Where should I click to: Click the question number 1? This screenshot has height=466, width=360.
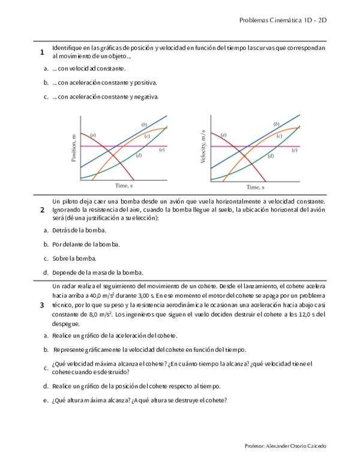click(x=42, y=53)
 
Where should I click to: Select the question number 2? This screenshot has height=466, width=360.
click(x=42, y=210)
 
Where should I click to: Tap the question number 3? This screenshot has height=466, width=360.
click(x=42, y=305)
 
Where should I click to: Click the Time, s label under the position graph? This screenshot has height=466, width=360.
click(x=124, y=187)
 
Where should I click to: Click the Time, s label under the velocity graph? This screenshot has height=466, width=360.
click(x=255, y=187)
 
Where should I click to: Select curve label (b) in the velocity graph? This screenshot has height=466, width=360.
click(x=276, y=124)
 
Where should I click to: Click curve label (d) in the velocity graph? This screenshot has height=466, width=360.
click(x=271, y=156)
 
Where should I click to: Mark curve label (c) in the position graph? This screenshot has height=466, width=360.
click(x=146, y=136)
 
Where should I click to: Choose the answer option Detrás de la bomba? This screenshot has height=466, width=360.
click(x=79, y=230)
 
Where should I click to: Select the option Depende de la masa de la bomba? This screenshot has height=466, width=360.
click(x=97, y=272)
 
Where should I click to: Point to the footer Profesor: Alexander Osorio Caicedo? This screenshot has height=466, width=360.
click(x=286, y=447)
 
